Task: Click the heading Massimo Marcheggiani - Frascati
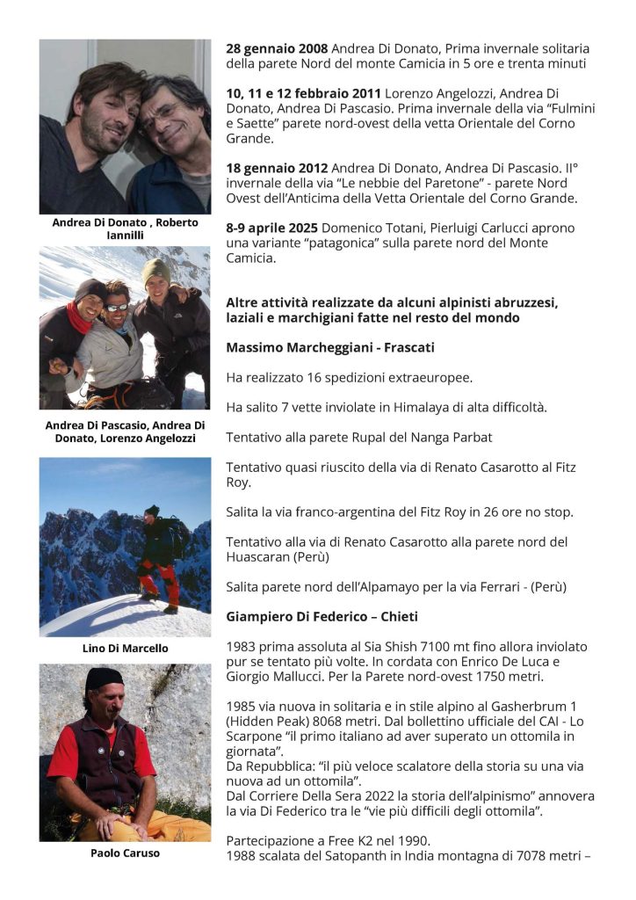[329, 347]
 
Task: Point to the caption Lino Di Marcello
[125, 649]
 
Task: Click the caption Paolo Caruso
[125, 853]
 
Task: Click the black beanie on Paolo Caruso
[104, 679]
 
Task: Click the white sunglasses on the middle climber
[117, 308]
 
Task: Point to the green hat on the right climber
[156, 269]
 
